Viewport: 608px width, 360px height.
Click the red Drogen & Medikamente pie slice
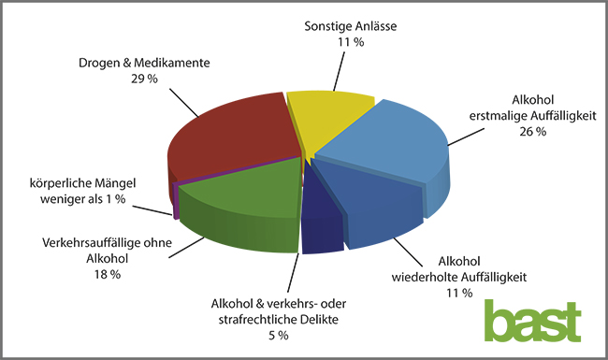[x=233, y=139]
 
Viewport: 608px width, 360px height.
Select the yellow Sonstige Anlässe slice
[x=329, y=120]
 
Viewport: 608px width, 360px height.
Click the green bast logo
[x=533, y=322]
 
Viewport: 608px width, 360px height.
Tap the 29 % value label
[x=144, y=79]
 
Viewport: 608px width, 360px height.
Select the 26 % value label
[x=533, y=132]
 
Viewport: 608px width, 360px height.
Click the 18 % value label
[x=108, y=275]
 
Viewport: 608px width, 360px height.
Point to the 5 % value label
[x=279, y=336]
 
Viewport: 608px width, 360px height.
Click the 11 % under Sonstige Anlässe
[x=351, y=42]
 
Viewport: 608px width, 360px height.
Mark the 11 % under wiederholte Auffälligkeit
[x=459, y=293]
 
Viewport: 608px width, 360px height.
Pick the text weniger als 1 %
[x=83, y=199]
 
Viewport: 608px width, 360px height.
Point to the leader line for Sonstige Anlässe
[x=340, y=71]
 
